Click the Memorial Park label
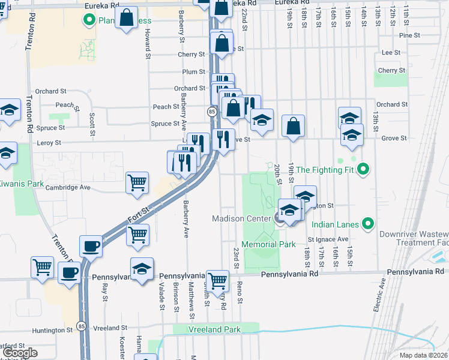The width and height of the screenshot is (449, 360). (269, 245)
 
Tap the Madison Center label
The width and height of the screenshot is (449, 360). (242, 218)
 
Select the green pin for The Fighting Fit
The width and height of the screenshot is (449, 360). (363, 170)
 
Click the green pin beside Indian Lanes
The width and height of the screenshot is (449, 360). (369, 224)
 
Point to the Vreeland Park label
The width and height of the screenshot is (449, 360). (214, 329)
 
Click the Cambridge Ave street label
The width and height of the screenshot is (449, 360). (68, 187)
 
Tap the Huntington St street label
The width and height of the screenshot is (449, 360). (52, 330)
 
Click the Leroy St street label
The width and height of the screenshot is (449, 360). (49, 143)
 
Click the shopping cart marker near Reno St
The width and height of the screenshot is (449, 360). (218, 279)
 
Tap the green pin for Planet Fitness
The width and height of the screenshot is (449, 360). (90, 20)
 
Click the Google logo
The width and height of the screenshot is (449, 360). (20, 353)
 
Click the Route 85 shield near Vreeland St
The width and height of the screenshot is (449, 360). (80, 326)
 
